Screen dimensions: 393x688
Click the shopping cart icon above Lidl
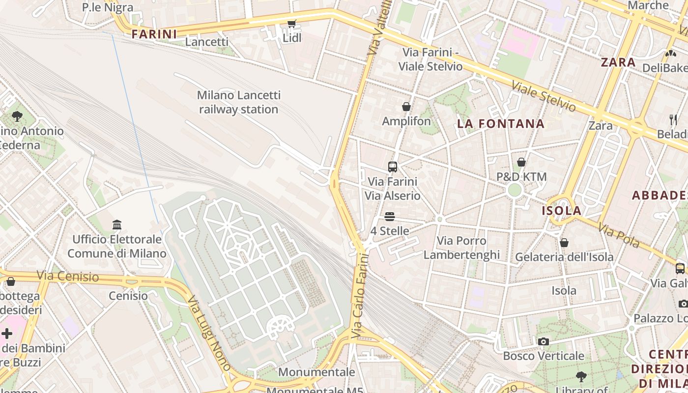pyautogui.click(x=292, y=23)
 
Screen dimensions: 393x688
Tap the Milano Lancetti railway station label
pyautogui.click(x=239, y=102)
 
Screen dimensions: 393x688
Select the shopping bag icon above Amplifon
pyautogui.click(x=406, y=107)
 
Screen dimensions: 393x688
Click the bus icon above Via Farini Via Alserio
pyautogui.click(x=392, y=167)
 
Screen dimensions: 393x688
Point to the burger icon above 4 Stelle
pyautogui.click(x=390, y=217)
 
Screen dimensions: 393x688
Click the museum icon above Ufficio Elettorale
pyautogui.click(x=117, y=225)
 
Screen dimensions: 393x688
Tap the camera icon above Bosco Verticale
pyautogui.click(x=543, y=341)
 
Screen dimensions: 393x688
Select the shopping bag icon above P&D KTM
pyautogui.click(x=521, y=162)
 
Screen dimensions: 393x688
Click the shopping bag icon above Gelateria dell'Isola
pyautogui.click(x=564, y=243)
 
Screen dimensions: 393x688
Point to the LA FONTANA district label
pyautogui.click(x=501, y=124)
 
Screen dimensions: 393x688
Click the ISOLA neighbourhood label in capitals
pyautogui.click(x=561, y=211)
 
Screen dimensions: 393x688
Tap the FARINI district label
pyautogui.click(x=154, y=34)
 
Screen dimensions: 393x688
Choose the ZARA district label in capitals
pyautogui.click(x=618, y=62)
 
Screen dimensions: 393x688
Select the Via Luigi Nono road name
pyautogui.click(x=209, y=333)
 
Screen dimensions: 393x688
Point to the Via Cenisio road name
pyautogui.click(x=68, y=276)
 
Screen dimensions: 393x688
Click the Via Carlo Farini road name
pyautogui.click(x=360, y=295)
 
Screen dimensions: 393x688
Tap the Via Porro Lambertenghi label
pyautogui.click(x=461, y=248)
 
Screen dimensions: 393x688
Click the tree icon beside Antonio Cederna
pyautogui.click(x=17, y=116)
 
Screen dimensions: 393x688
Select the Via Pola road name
pyautogui.click(x=619, y=235)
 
